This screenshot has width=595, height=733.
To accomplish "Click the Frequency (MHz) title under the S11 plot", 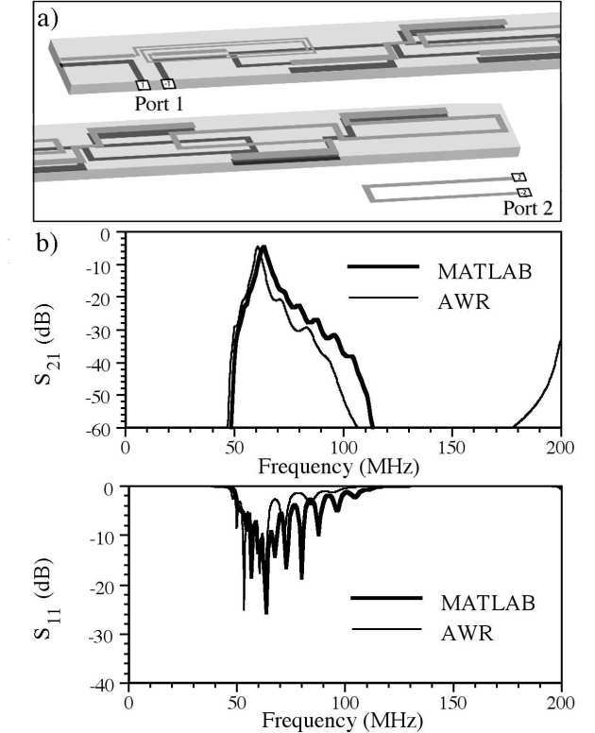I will (344, 721).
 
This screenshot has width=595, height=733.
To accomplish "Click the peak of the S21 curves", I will (263, 248).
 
